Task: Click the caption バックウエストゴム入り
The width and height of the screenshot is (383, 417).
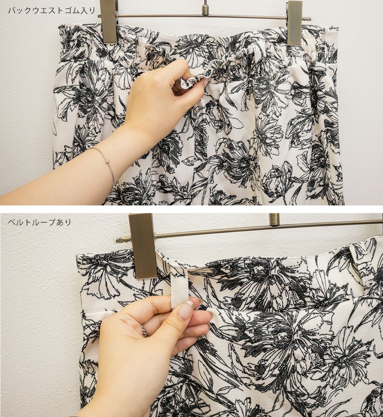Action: tap(52, 11)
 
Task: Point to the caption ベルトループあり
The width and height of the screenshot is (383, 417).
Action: tap(40, 222)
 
